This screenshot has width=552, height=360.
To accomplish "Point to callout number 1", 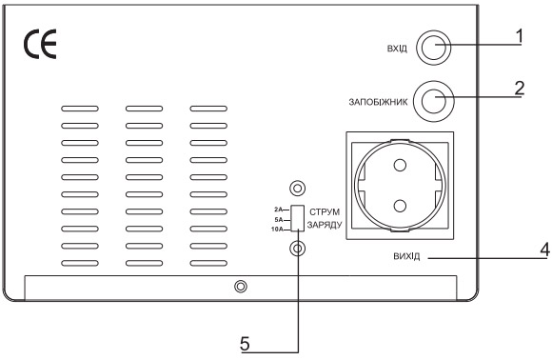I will (x=520, y=34).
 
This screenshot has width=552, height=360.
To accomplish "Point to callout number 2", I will (x=520, y=87).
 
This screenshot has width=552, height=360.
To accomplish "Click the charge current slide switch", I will (x=297, y=218).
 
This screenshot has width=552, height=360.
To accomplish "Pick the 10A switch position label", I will (x=277, y=229).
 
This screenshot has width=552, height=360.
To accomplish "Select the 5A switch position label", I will (x=279, y=218).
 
